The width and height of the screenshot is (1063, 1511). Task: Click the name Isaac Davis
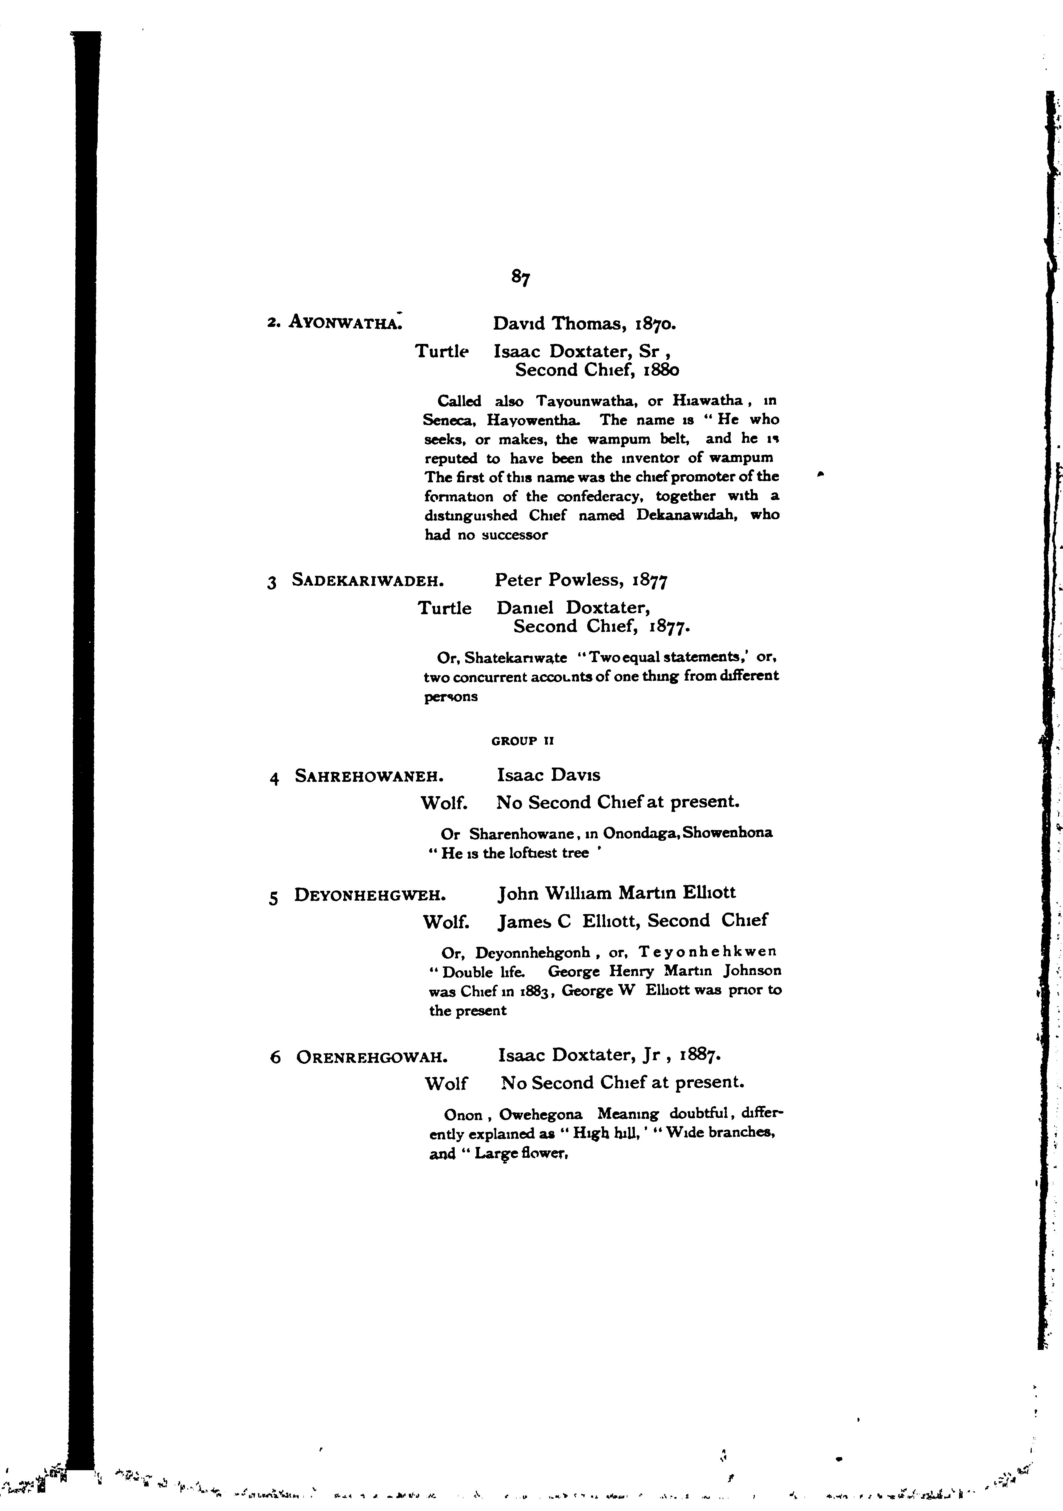pos(548,775)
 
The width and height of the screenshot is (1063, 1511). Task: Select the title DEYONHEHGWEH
pos(371,895)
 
